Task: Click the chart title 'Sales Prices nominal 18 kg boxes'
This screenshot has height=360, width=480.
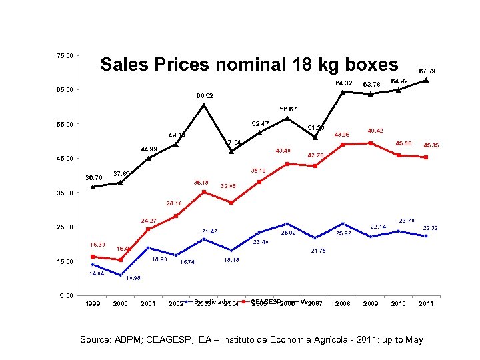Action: (x=248, y=65)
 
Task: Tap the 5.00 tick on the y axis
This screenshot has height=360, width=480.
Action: (x=66, y=296)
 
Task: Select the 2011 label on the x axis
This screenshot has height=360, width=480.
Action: (x=426, y=304)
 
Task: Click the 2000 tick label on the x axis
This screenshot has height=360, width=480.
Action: (x=120, y=304)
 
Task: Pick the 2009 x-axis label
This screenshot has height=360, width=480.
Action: (x=370, y=304)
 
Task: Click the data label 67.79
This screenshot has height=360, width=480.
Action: (x=427, y=71)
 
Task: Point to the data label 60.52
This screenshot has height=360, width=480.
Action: (x=205, y=96)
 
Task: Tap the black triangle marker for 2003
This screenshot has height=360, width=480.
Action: (x=204, y=105)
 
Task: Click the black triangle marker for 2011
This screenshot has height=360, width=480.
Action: (x=426, y=80)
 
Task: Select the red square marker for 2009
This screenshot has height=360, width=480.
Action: (x=371, y=143)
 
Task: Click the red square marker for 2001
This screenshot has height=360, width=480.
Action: (x=148, y=229)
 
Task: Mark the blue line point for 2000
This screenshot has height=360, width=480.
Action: (x=120, y=275)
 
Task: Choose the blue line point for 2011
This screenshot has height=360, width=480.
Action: (x=426, y=236)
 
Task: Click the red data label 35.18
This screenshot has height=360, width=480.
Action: (x=201, y=183)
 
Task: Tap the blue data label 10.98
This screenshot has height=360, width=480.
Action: (x=133, y=278)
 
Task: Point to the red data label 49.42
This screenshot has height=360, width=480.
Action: (x=377, y=131)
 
